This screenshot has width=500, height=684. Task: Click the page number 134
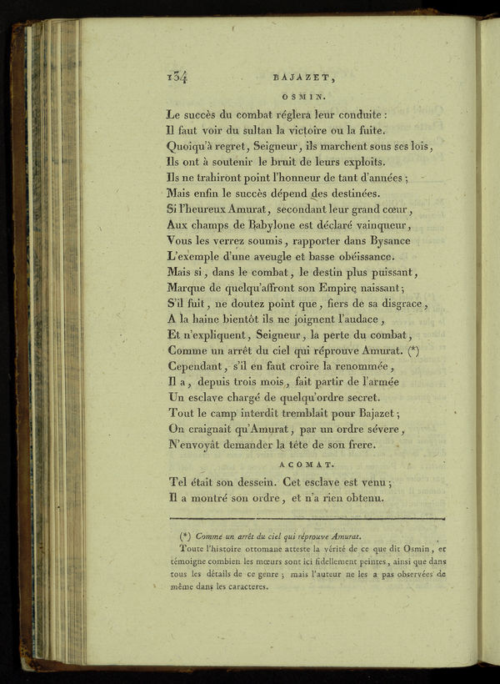coord(176,75)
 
